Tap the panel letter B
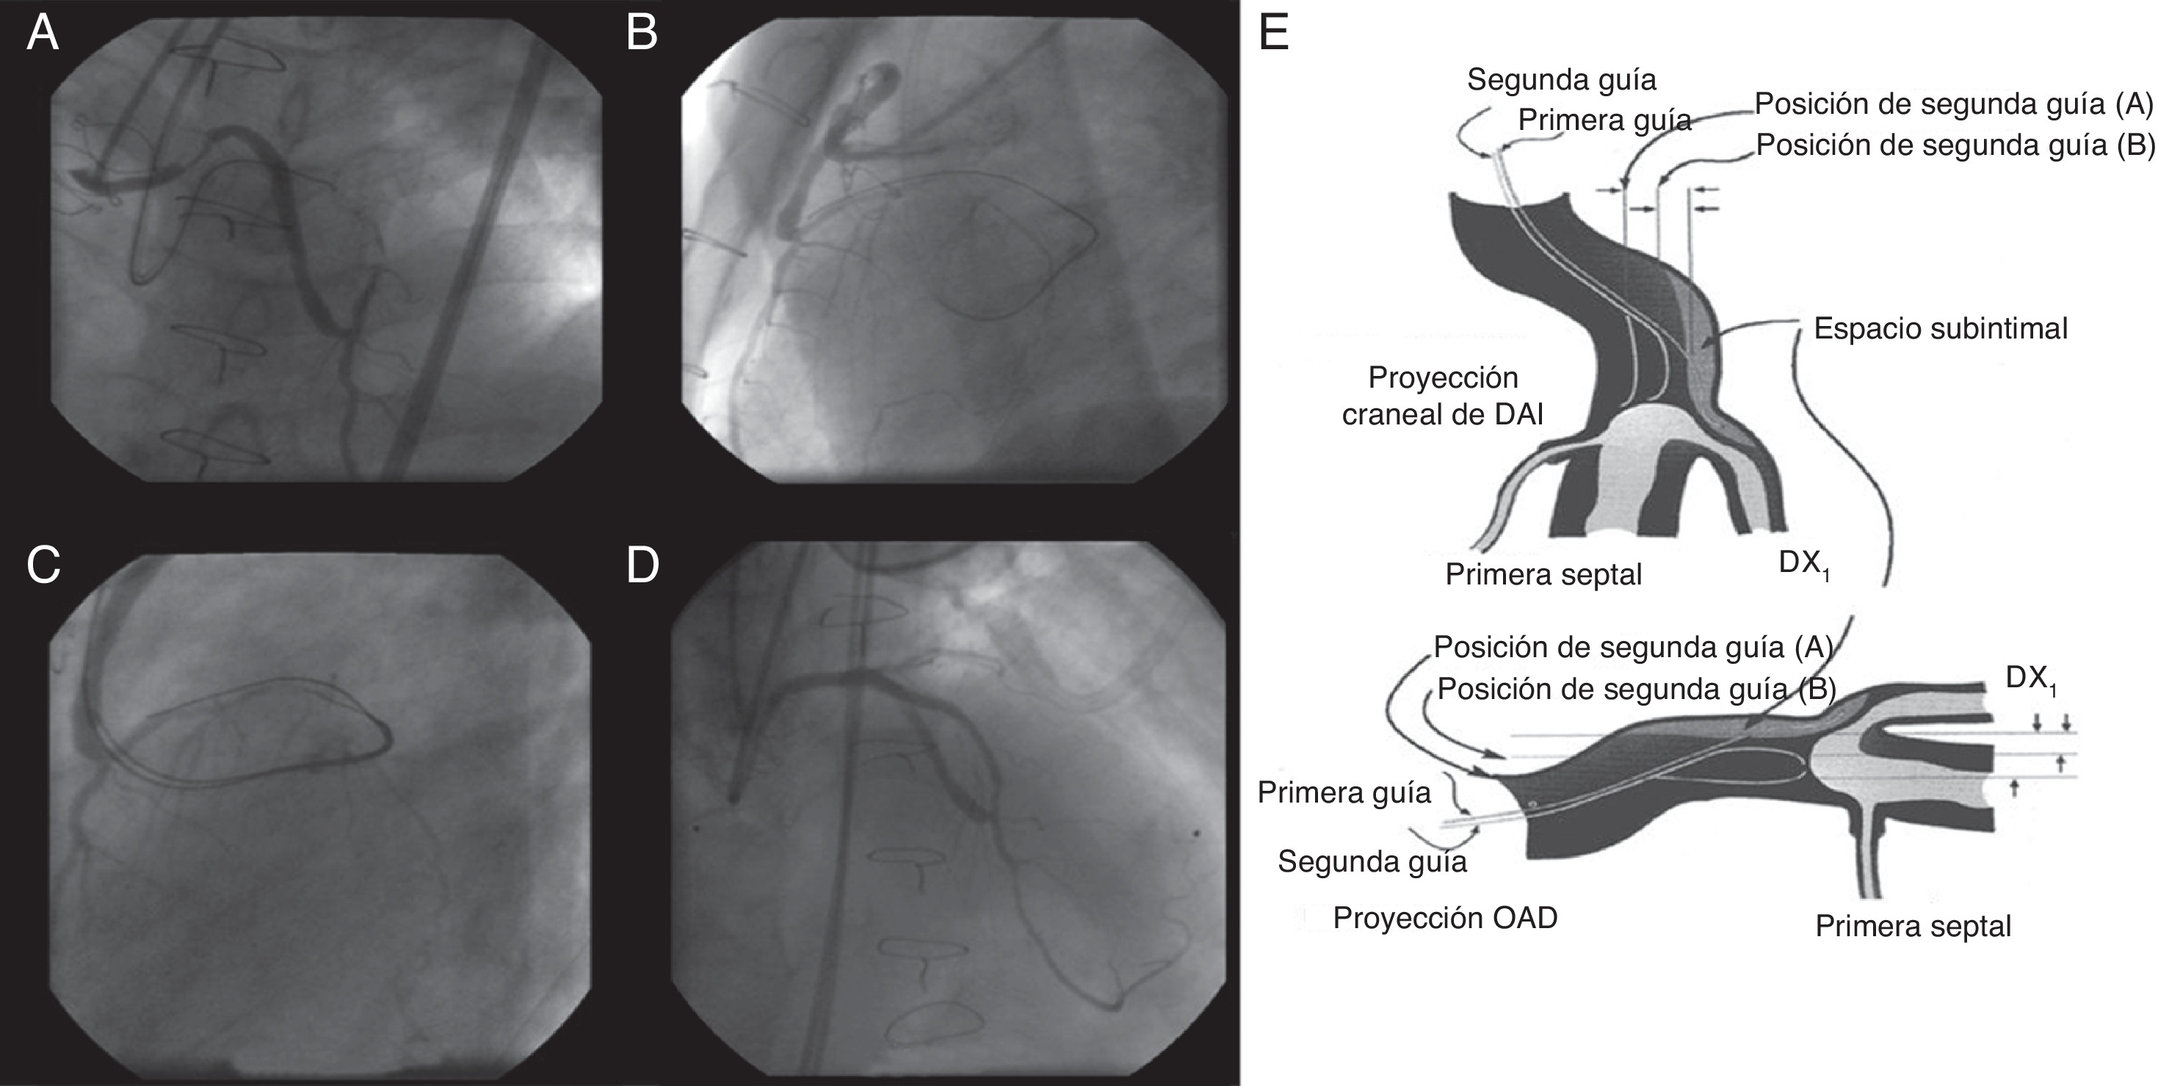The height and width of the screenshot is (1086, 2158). (x=642, y=35)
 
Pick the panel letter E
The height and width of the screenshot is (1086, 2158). (x=1274, y=35)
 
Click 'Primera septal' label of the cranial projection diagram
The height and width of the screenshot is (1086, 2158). (x=1543, y=574)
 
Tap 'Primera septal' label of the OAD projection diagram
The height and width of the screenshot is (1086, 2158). (x=1913, y=926)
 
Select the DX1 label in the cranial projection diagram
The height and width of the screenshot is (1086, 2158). (x=1802, y=564)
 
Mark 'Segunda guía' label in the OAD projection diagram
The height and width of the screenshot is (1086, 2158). (x=1372, y=861)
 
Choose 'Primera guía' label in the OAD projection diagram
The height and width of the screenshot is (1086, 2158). (x=1344, y=792)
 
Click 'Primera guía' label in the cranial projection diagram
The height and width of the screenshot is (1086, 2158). (x=1604, y=120)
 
